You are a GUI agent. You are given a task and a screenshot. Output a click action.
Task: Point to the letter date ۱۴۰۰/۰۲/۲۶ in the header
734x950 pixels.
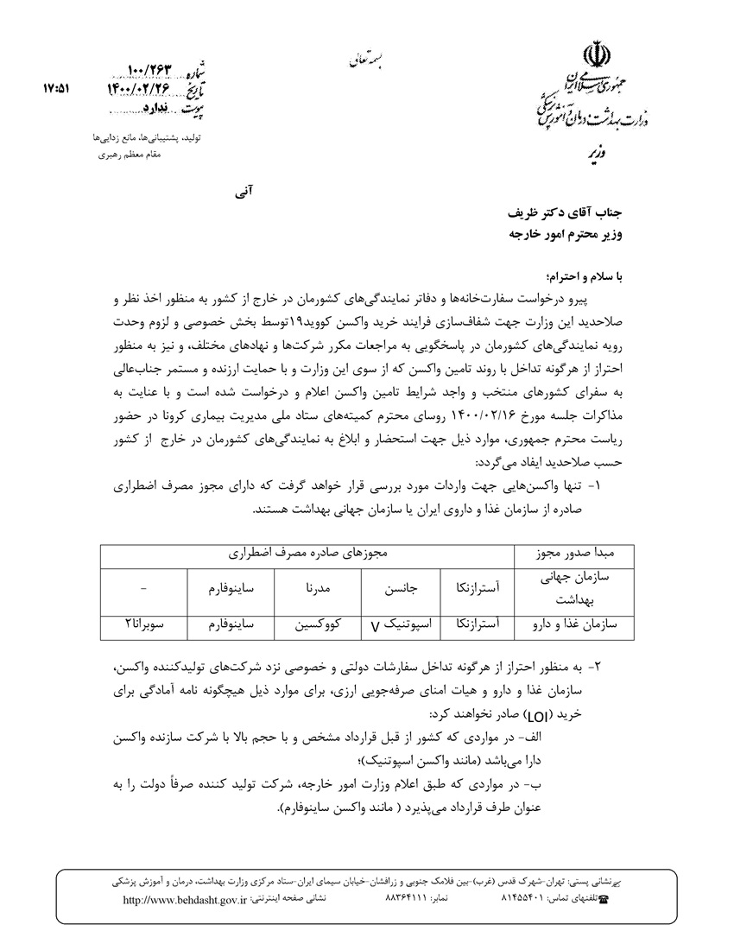tap(143, 88)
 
